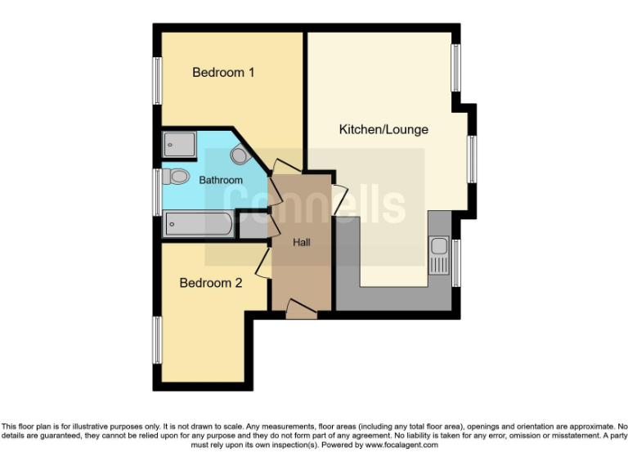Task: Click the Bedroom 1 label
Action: tap(223, 72)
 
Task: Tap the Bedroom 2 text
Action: tap(211, 283)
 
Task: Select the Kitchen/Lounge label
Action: tap(384, 129)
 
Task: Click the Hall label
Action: tap(302, 242)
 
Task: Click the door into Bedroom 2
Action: tap(263, 263)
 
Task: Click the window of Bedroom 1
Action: tap(156, 80)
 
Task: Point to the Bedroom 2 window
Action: tap(156, 339)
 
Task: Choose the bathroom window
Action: tap(156, 191)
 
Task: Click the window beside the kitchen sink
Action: tap(455, 262)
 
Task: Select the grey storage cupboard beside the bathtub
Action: tap(253, 226)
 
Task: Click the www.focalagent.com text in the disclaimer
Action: tap(401, 446)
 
